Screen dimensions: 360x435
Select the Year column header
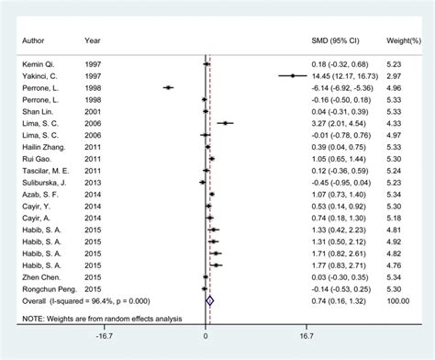(x=93, y=40)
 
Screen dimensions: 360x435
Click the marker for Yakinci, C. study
(x=292, y=75)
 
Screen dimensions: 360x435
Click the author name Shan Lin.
(x=34, y=110)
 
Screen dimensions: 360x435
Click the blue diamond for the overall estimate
(x=210, y=299)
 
